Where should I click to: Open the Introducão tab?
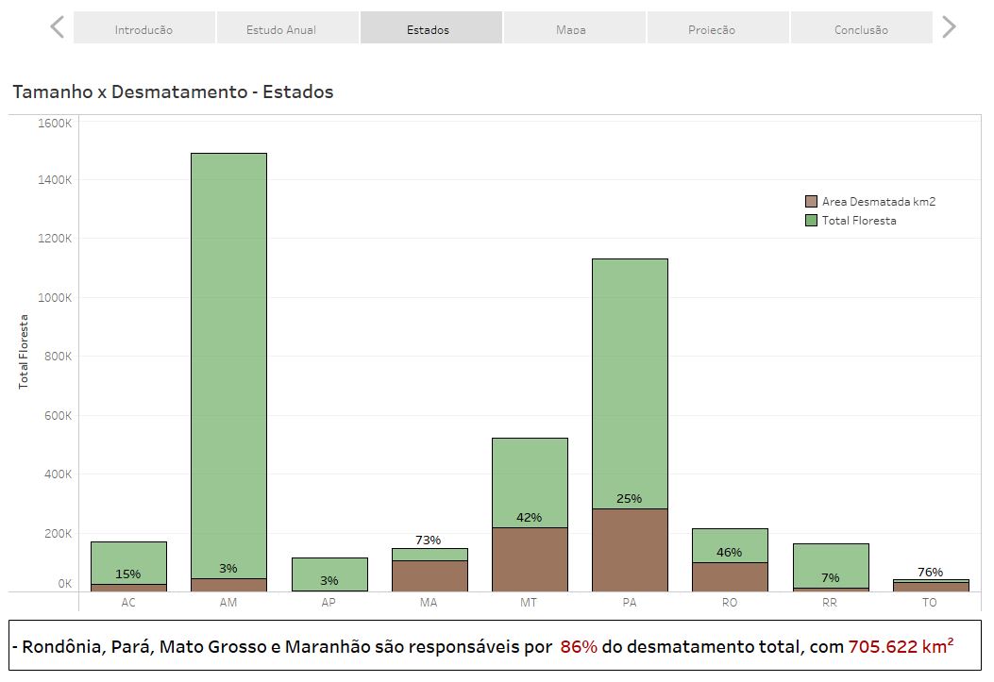[143, 29]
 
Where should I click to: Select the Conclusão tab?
[861, 29]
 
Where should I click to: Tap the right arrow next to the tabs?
[949, 27]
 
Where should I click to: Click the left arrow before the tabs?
[58, 27]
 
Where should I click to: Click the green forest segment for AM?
[228, 358]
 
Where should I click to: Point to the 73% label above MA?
[429, 541]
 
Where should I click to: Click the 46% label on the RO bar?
[729, 553]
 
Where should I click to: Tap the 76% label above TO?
[930, 572]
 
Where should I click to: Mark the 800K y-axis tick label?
[55, 357]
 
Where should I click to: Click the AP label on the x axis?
[329, 602]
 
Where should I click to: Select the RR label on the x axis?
[830, 602]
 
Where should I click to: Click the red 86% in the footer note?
[578, 647]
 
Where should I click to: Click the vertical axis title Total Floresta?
[24, 352]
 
